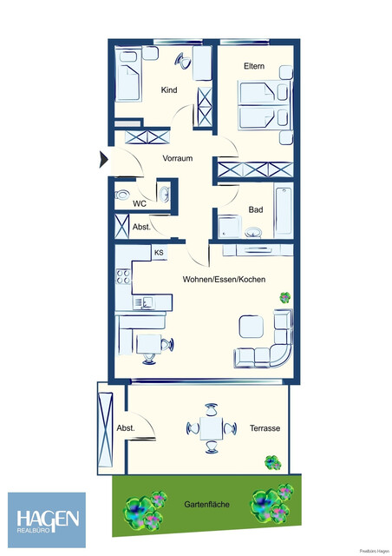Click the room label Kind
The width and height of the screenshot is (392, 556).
[169, 90]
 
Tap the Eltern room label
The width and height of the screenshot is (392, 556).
[253, 67]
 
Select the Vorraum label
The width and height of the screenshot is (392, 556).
[177, 158]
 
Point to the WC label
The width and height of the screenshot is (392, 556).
[139, 204]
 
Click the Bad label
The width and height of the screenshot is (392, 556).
[255, 209]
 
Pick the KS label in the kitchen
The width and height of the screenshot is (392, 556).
[159, 253]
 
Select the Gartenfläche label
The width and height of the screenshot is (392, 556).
[206, 504]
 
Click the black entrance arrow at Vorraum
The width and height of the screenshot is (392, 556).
[103, 159]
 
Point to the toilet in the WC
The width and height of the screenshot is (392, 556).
[123, 195]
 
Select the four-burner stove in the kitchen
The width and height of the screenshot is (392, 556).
[123, 277]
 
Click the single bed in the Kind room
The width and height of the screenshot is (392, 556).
[129, 74]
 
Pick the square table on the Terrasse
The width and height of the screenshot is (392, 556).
[211, 427]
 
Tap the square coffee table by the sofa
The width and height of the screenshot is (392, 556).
[251, 327]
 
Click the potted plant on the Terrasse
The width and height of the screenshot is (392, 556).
[273, 462]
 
